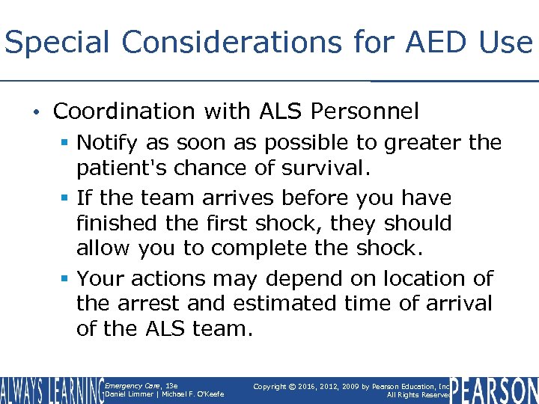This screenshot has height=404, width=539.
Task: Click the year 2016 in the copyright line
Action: coord(307,386)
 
